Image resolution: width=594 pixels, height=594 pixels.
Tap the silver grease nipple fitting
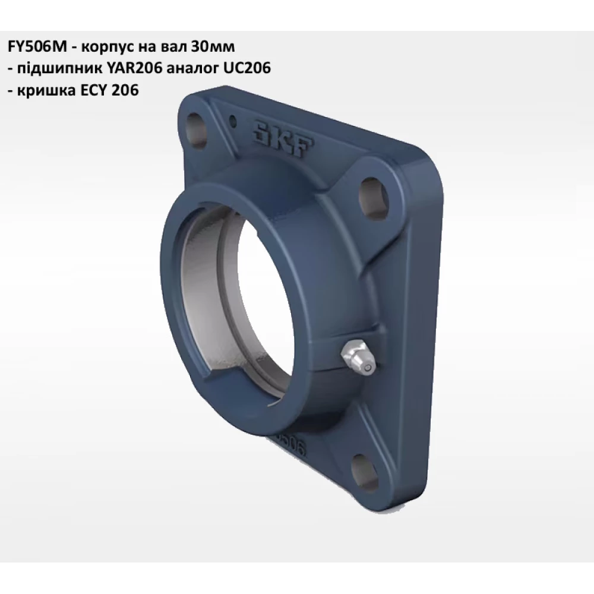[x=356, y=360]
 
